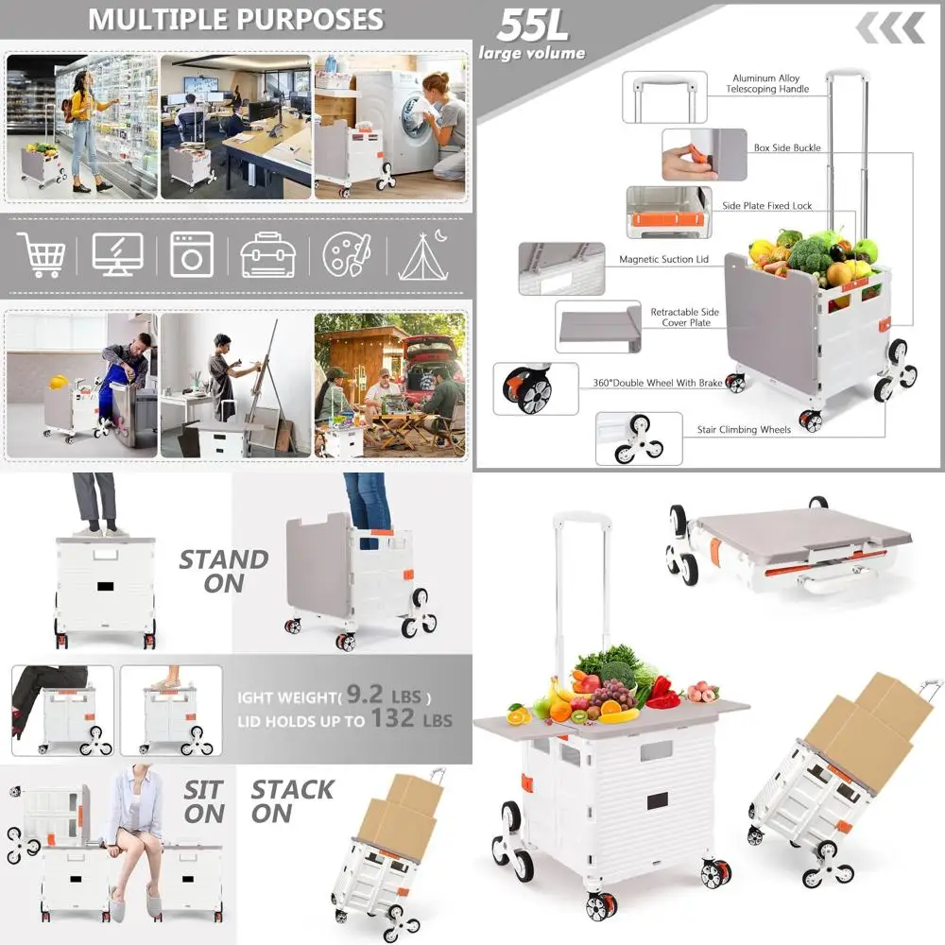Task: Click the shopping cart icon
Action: tap(43, 253)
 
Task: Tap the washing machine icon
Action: tap(192, 254)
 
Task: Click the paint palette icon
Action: tap(346, 254)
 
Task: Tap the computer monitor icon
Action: tap(117, 254)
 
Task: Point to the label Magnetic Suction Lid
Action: tap(663, 259)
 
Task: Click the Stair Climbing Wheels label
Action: tap(744, 429)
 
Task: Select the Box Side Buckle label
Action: tap(787, 148)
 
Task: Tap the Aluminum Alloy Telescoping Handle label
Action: tap(768, 84)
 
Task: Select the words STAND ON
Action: tap(224, 572)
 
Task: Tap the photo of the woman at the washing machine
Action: tap(390, 126)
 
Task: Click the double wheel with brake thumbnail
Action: tap(535, 387)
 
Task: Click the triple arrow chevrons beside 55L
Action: tap(890, 29)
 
